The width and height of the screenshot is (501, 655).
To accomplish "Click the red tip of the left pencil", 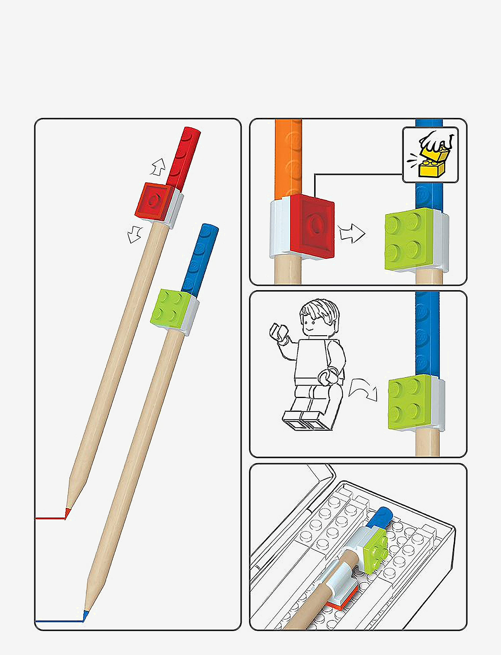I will (67, 512).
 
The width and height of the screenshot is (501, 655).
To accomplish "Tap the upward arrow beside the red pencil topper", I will (158, 167).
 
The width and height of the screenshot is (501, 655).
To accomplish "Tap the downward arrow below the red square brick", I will (134, 234).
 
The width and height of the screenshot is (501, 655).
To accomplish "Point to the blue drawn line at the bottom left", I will (58, 621).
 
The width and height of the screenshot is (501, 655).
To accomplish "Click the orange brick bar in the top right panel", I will (288, 158).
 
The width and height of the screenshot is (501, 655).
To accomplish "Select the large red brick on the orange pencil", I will (313, 226).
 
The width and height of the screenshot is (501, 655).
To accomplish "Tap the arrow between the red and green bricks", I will (351, 233).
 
